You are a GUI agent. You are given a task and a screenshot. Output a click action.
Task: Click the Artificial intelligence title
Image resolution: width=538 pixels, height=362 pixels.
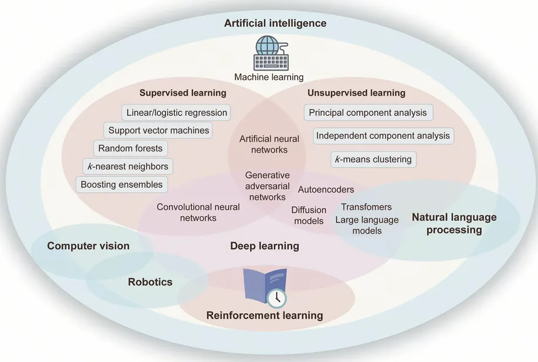tap(275, 24)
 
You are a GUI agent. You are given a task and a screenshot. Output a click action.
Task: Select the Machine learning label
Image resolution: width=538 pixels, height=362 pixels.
tap(269, 77)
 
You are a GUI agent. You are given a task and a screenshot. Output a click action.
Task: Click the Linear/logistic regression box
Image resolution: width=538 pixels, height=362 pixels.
tap(177, 112)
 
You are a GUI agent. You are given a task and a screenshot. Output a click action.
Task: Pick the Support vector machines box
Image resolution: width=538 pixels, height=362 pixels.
tap(158, 130)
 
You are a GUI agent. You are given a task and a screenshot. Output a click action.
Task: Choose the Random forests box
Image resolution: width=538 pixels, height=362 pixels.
tap(130, 149)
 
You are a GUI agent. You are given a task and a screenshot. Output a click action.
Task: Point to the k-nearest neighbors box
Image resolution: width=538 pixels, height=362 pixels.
tap(127, 166)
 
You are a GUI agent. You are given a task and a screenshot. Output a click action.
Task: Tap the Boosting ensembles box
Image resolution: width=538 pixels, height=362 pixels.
tap(121, 185)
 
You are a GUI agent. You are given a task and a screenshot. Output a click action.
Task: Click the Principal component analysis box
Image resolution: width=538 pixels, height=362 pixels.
tap(368, 112)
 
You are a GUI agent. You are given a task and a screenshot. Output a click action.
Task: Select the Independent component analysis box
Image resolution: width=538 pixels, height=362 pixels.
tap(383, 136)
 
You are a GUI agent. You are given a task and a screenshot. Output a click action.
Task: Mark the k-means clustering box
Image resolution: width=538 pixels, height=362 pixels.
tap(373, 159)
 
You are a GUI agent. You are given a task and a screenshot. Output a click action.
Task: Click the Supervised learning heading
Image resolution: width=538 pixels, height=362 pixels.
tap(182, 93)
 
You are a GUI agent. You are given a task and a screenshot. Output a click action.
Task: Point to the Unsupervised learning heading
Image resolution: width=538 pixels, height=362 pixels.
tap(356, 93)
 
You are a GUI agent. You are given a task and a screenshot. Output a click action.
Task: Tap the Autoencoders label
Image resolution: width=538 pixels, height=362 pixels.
tap(326, 190)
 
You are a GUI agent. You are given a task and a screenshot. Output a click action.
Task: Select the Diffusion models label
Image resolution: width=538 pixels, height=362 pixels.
tap(309, 216)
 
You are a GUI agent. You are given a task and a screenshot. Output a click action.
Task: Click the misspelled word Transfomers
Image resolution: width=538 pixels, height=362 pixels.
tap(366, 207)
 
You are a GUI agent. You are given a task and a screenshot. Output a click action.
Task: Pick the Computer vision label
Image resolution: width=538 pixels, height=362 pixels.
tap(89, 246)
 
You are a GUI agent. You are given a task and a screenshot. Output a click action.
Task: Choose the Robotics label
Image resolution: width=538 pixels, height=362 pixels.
tap(150, 282)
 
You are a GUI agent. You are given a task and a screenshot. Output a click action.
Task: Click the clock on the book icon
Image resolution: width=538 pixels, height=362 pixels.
tap(276, 298)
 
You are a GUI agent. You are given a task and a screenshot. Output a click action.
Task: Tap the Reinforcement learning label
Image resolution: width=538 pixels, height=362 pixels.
tap(265, 316)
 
